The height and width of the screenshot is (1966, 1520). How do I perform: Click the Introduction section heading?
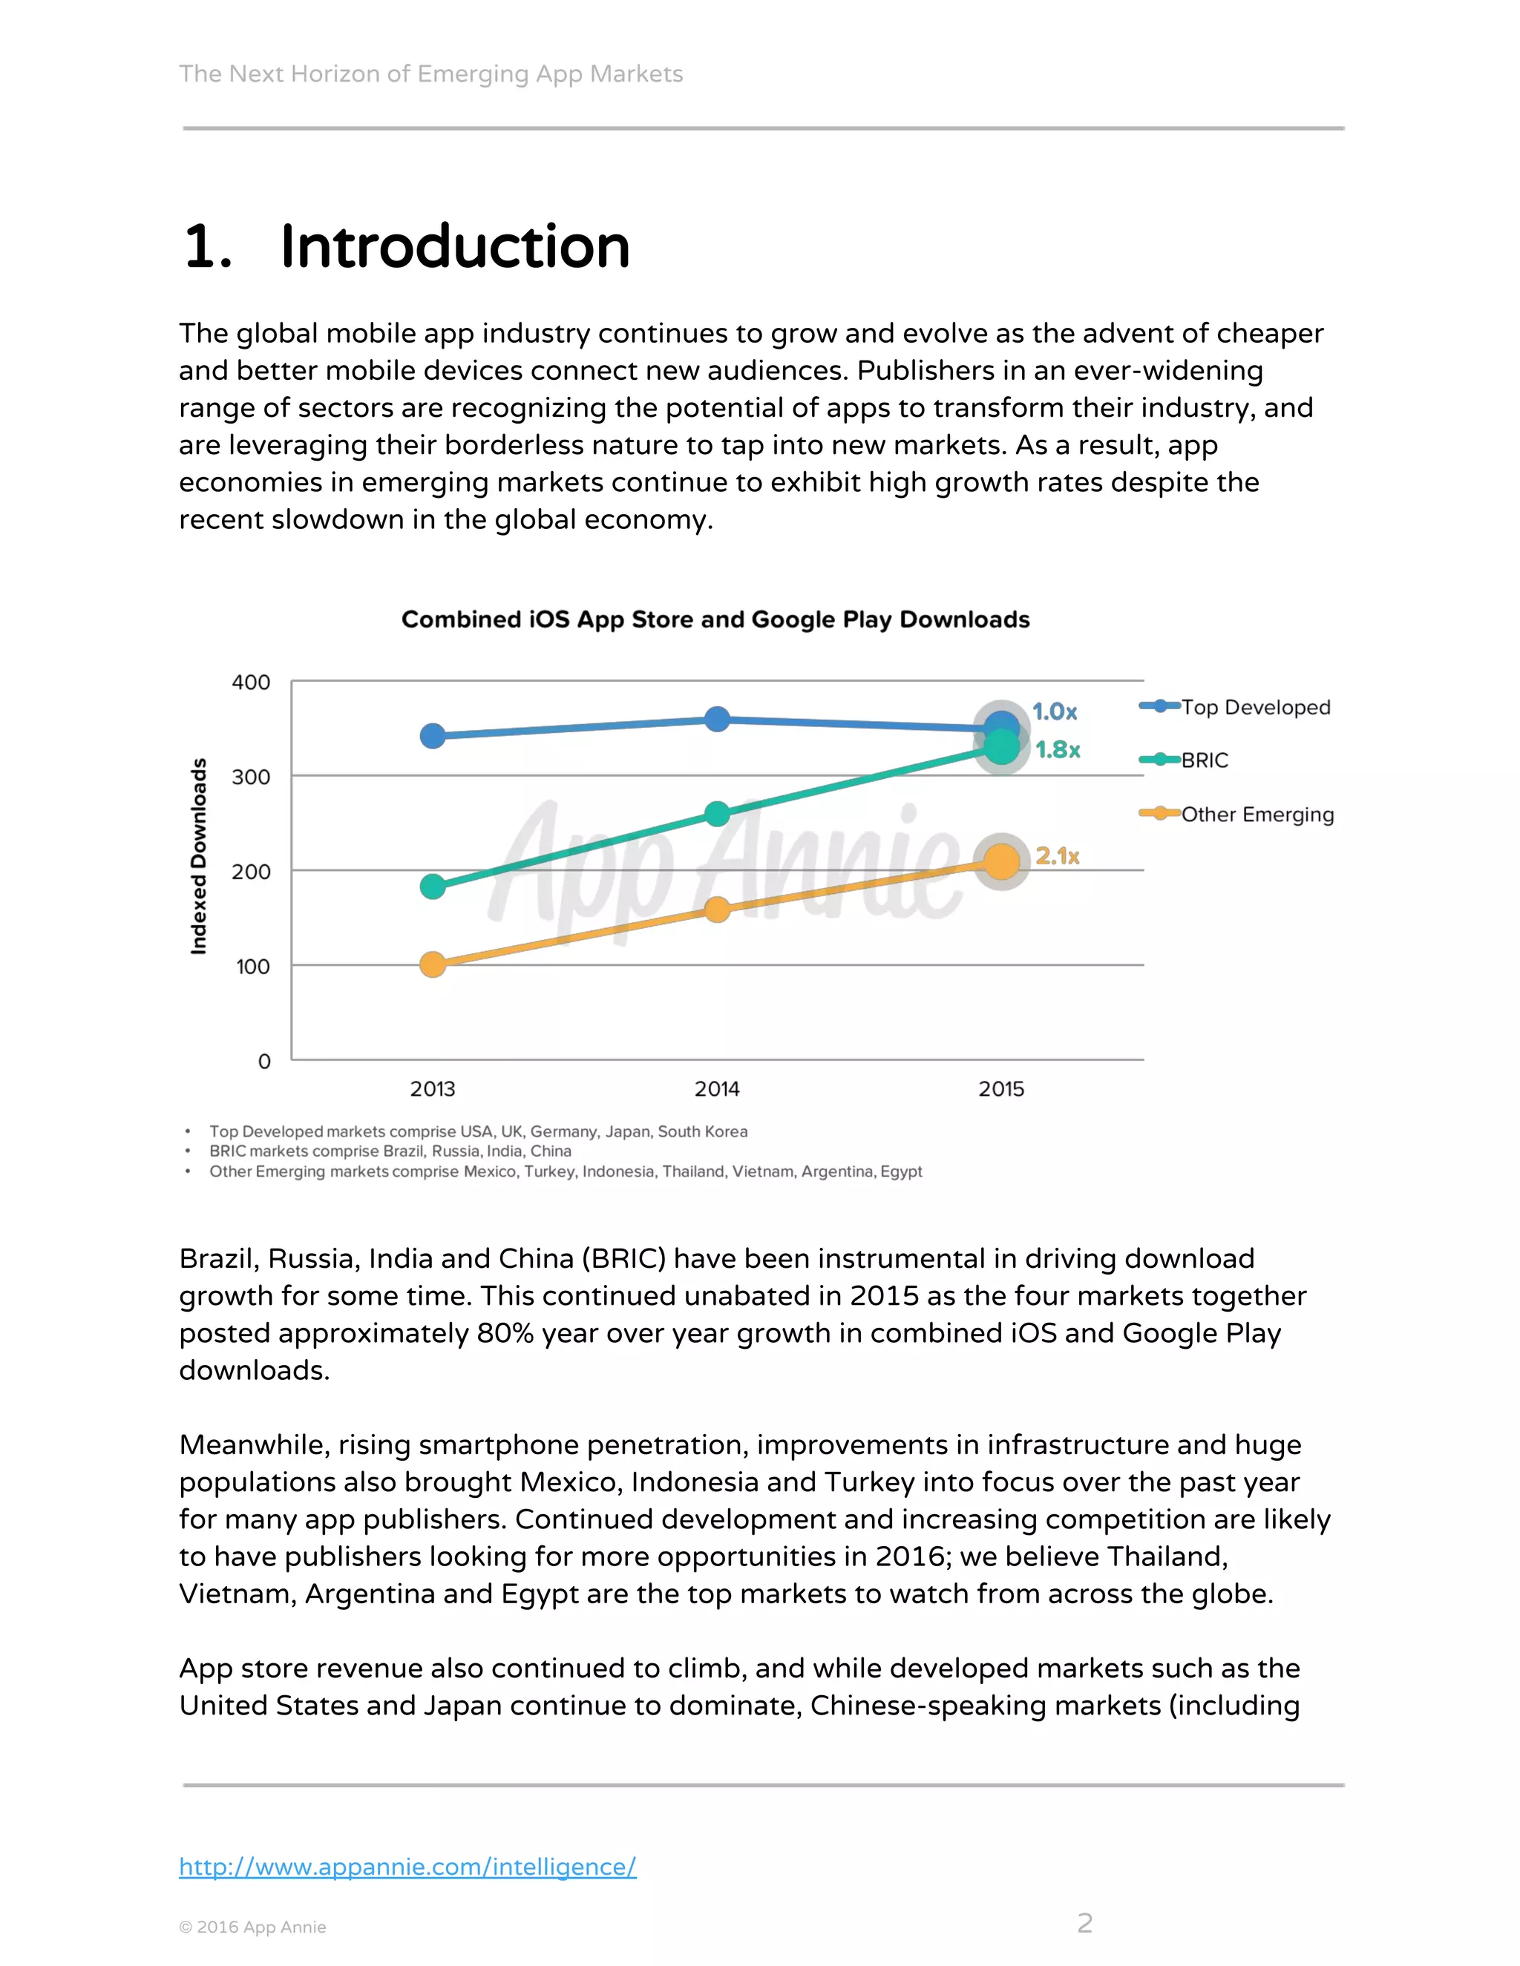[x=407, y=246]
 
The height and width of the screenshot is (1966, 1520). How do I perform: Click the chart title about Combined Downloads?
[x=715, y=619]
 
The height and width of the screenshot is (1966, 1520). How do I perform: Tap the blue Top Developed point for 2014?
[x=717, y=719]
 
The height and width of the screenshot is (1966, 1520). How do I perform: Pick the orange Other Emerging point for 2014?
[x=717, y=910]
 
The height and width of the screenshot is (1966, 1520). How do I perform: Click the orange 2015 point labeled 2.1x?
[x=1001, y=861]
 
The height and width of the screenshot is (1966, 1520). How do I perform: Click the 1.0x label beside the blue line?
[x=1055, y=712]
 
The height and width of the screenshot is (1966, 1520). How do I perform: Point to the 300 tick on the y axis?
[x=252, y=777]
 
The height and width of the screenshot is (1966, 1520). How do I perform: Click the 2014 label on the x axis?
[x=717, y=1089]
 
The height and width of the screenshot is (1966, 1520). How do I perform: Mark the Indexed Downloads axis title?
[x=199, y=855]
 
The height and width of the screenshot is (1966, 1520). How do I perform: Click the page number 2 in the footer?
[x=1084, y=1923]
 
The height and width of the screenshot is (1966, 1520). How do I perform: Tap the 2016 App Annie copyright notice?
[x=252, y=1927]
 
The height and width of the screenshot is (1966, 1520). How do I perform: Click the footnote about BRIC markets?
[x=390, y=1151]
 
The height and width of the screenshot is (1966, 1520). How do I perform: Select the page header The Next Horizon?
[x=430, y=73]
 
